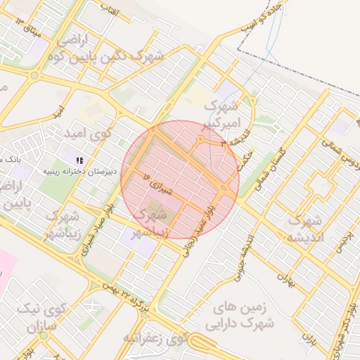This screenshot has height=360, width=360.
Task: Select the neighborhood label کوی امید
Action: coord(105,133)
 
